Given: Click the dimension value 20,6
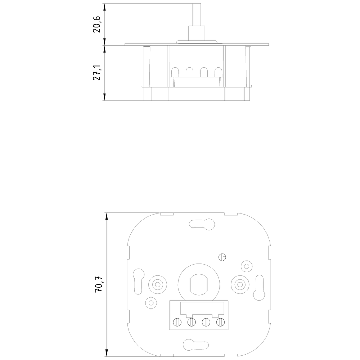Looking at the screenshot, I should coord(97,24).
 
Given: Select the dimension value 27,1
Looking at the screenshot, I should coord(97,73).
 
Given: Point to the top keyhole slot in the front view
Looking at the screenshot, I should coord(202,223).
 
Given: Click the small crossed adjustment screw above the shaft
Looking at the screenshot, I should coord(222,257).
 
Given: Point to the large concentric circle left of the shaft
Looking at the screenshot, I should coord(157,284).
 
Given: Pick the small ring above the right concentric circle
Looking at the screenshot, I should coord(247,266).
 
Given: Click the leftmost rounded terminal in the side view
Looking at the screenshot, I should coord(175,72).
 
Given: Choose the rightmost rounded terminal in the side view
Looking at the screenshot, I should coord(218,72).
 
